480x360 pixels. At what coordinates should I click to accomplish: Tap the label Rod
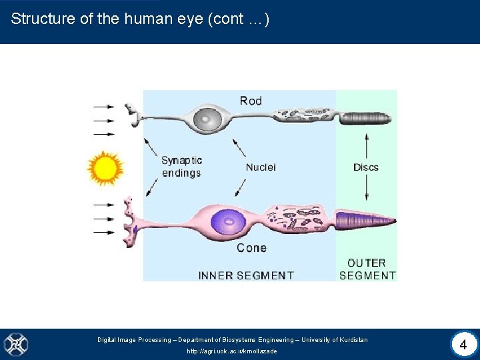(251, 101)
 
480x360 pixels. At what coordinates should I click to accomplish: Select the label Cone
(251, 248)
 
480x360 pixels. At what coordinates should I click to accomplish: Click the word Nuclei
(261, 167)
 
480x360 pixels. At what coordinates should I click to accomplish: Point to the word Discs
(366, 167)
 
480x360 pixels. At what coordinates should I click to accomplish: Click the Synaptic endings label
(181, 167)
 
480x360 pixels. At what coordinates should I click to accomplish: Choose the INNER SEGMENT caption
(246, 275)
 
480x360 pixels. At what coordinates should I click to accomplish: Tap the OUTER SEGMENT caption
(367, 269)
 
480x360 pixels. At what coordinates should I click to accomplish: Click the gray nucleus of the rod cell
(207, 120)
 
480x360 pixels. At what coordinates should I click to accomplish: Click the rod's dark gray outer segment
(366, 119)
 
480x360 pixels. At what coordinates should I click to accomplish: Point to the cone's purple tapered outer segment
(364, 219)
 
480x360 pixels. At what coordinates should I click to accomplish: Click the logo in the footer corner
(16, 345)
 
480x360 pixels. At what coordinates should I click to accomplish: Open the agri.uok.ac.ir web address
(232, 351)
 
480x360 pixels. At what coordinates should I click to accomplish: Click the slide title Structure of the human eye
(140, 19)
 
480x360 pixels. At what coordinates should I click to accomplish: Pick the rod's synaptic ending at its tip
(132, 115)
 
